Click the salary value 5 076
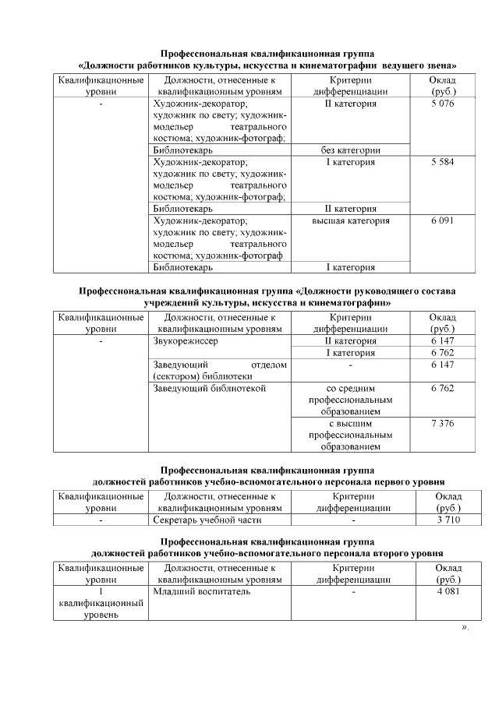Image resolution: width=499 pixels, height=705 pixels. (x=441, y=104)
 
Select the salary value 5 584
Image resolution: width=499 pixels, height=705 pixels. (x=441, y=162)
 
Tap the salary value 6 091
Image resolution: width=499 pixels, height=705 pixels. (x=441, y=220)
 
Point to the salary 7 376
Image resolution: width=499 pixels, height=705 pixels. (x=441, y=423)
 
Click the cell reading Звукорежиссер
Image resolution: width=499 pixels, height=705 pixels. (x=186, y=341)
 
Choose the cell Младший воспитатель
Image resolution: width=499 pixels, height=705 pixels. (x=201, y=591)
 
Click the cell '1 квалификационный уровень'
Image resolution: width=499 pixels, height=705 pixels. (x=101, y=603)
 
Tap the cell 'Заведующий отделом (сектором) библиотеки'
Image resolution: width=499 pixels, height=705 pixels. (x=220, y=370)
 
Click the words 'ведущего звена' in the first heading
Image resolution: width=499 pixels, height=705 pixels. (x=417, y=65)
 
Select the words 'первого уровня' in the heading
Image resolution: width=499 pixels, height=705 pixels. (x=405, y=481)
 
